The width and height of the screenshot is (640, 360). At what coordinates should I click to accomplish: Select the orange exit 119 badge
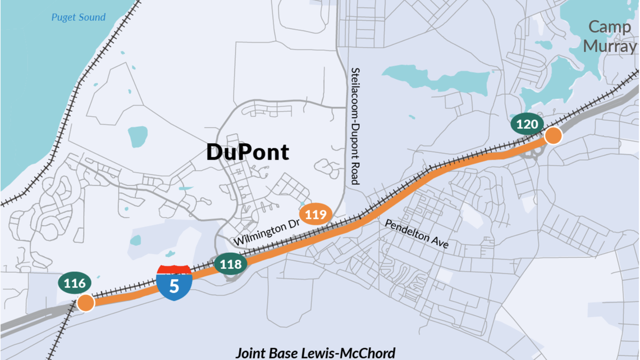coord(316,214)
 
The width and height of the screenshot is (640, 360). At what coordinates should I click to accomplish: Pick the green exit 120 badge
coord(527,125)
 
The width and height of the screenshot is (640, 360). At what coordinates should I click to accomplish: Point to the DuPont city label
coord(248,152)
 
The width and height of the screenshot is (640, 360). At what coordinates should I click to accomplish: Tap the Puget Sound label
coord(78,17)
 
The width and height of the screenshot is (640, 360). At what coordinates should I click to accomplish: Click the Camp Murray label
coord(610,36)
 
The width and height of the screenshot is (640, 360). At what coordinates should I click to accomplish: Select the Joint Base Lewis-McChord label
coord(315,353)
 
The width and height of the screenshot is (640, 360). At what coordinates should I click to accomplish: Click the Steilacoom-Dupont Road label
coord(355,126)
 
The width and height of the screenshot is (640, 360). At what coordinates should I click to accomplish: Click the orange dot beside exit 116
coord(85,303)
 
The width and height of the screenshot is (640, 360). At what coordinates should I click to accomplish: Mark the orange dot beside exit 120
coord(553,136)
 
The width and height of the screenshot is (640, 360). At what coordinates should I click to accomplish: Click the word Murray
coord(610,45)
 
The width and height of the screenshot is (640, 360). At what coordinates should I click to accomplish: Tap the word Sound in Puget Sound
coord(92,17)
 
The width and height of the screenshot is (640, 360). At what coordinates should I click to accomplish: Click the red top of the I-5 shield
coord(175,270)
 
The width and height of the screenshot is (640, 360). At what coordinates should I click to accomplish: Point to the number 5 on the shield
coord(175,286)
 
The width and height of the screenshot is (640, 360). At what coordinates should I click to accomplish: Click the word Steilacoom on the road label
coord(355,92)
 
